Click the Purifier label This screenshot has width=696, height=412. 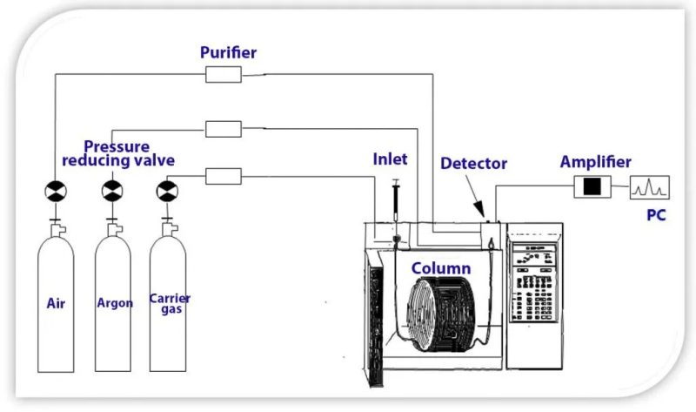(229, 52)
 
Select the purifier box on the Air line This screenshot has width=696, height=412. (224, 75)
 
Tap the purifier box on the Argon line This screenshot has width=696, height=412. (224, 129)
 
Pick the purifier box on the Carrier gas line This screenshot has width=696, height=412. (224, 176)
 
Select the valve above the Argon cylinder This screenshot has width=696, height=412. (112, 190)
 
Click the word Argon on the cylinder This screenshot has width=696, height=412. (115, 303)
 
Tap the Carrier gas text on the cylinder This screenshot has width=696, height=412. (170, 303)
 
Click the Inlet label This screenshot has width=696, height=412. (391, 159)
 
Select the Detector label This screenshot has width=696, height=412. (473, 163)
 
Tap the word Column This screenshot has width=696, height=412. (441, 268)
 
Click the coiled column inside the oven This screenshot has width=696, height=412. (444, 318)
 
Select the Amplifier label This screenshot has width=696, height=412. (595, 162)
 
